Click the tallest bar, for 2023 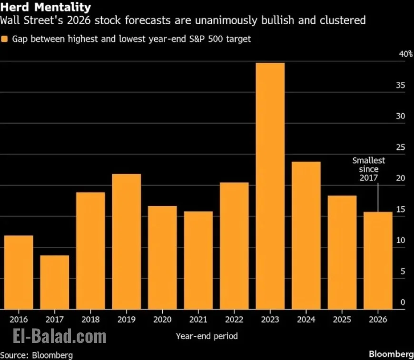270,185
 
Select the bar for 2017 54,282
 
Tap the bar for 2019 126,241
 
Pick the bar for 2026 378,260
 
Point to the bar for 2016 18,272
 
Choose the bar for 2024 306,235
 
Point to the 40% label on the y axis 405,54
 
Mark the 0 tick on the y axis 403,302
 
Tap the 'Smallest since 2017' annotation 369,169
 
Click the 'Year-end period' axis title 207,336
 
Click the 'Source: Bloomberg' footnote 37,355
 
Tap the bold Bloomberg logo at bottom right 391,354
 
